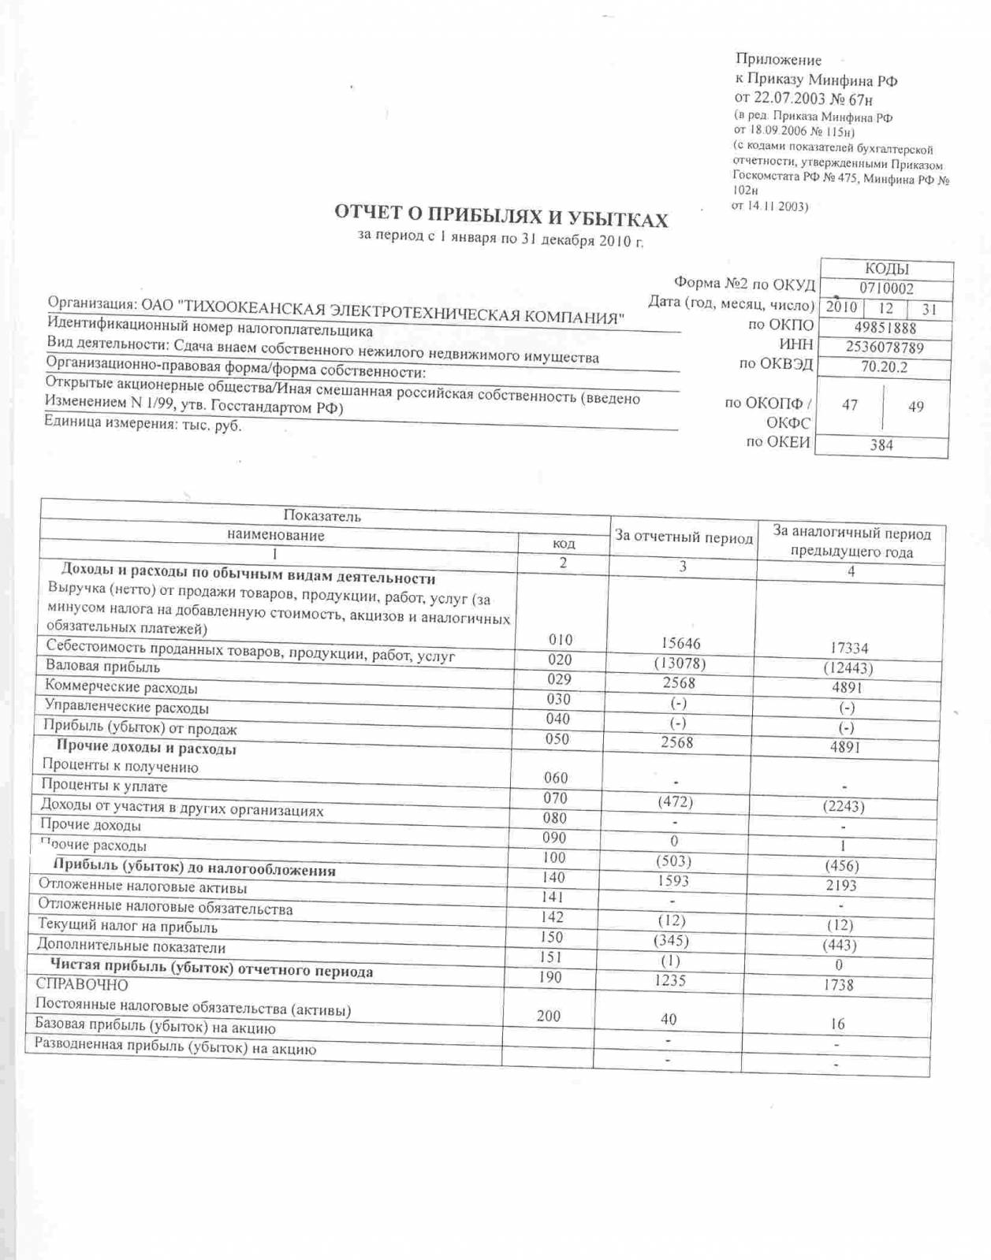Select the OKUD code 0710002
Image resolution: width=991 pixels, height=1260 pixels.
(886, 288)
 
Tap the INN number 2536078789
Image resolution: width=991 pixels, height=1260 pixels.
(885, 348)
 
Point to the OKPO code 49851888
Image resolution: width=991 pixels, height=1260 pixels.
(885, 328)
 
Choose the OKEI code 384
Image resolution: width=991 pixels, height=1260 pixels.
(881, 445)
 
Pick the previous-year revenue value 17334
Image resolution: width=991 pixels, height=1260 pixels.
(849, 648)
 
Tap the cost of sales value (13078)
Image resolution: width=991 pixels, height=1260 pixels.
(680, 663)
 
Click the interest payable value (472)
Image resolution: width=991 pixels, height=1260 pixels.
(675, 801)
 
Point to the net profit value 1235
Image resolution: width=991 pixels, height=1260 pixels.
(669, 980)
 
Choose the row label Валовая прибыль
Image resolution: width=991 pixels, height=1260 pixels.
(102, 667)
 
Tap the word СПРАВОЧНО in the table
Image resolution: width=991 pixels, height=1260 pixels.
(82, 984)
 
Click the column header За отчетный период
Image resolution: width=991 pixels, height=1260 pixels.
(684, 537)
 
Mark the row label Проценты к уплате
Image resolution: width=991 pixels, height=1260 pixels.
(104, 786)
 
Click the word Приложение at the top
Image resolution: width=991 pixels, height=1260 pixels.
(778, 60)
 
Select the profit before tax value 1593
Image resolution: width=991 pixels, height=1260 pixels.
(672, 881)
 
